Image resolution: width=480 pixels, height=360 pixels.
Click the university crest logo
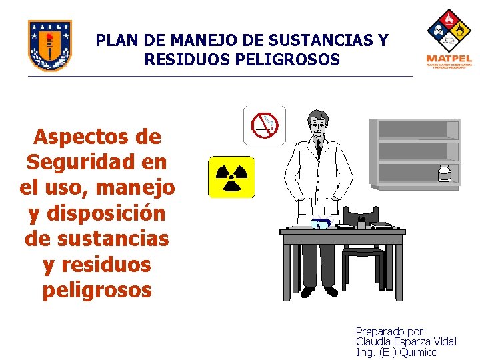click(50, 45)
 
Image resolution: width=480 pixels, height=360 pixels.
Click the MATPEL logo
click(449, 39)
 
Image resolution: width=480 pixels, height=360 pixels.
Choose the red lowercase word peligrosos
click(97, 290)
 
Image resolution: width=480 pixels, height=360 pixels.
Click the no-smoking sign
click(265, 125)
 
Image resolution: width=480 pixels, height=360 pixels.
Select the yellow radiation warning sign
click(231, 177)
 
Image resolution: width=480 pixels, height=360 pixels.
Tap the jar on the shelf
click(445, 173)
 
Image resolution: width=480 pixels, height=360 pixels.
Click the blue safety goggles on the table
click(321, 224)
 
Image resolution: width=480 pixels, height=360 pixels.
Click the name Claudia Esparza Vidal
click(406, 341)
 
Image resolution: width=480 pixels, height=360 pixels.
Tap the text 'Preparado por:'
click(391, 331)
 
